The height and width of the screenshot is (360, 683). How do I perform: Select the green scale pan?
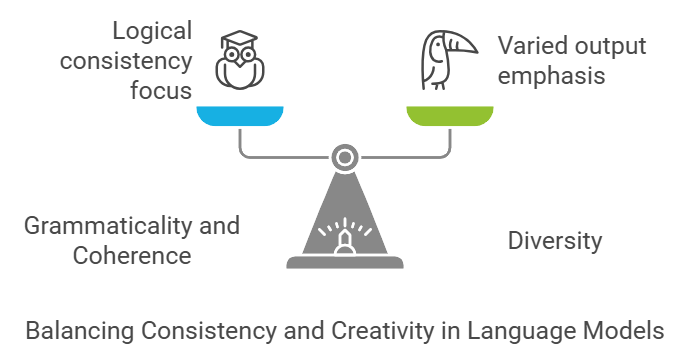coord(449,115)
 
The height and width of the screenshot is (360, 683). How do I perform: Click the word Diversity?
coord(555,241)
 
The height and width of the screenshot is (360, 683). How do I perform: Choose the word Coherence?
coord(132,255)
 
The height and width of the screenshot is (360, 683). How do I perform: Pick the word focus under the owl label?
coord(162,91)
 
